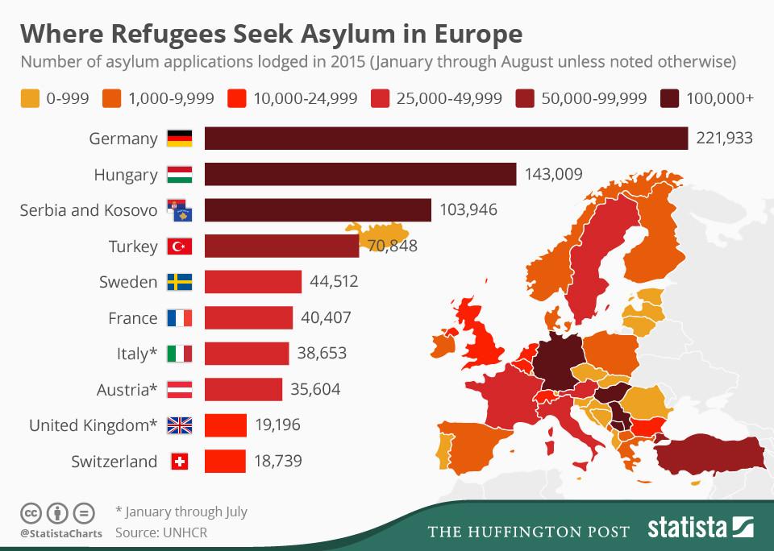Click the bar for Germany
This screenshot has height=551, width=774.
446,139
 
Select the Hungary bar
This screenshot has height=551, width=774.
360,175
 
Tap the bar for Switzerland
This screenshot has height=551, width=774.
225,462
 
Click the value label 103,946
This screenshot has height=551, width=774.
468,210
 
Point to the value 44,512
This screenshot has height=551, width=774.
334,282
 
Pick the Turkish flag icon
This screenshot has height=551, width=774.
179,246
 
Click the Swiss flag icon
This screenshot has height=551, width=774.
179,462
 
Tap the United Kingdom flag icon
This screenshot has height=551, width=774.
179,425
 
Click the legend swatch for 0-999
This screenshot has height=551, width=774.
30,98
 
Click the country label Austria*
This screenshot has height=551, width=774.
127,390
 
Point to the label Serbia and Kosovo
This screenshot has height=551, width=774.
89,210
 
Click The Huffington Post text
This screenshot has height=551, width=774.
528,531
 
